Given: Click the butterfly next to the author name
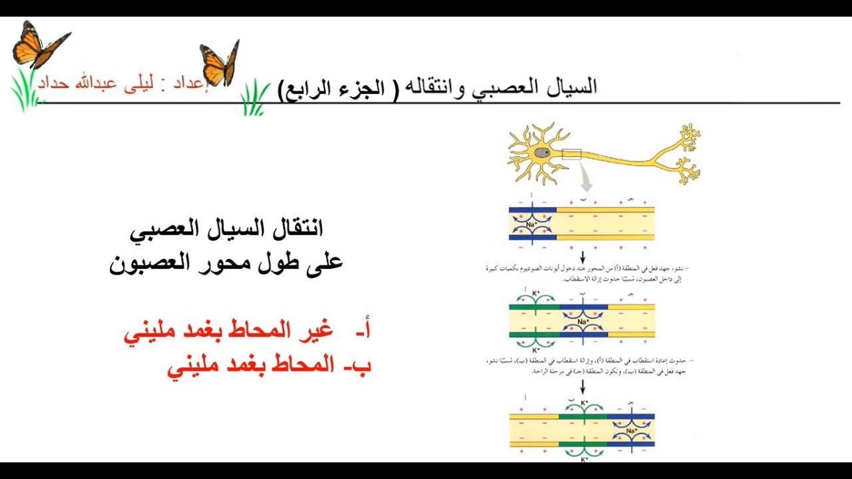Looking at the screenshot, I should tap(220, 63).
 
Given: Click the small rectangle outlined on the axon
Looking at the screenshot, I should tap(572, 154).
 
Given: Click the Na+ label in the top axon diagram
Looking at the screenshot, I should tap(532, 224).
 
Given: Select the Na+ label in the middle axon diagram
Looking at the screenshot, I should tap(583, 321).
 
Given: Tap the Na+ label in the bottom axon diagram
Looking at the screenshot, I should tap(630, 430).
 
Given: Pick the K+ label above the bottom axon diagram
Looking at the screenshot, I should tap(583, 402).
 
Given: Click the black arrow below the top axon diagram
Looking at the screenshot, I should tap(582, 257).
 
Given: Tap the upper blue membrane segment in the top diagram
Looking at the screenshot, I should tap(532, 210).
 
